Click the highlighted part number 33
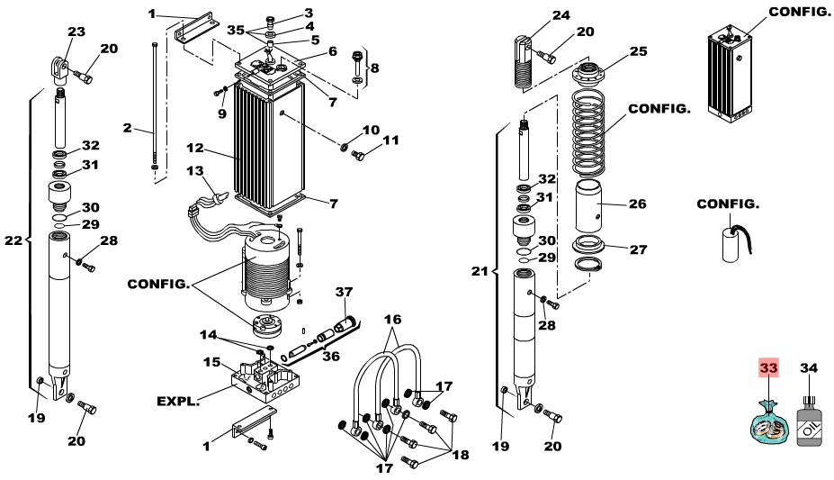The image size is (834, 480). click(768, 367)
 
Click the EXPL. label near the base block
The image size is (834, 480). click(178, 401)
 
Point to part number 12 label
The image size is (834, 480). click(195, 148)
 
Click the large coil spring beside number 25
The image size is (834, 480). click(588, 133)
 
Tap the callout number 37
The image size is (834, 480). click(344, 292)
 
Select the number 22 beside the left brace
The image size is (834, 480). click(13, 240)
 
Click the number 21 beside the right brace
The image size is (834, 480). click(480, 271)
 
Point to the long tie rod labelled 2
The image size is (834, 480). click(154, 106)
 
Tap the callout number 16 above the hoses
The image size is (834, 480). click(392, 320)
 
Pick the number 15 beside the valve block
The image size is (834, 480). click(211, 362)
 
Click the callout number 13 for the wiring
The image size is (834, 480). click(195, 171)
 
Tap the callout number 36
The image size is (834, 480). click(331, 356)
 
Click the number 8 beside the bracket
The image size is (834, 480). click(375, 68)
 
